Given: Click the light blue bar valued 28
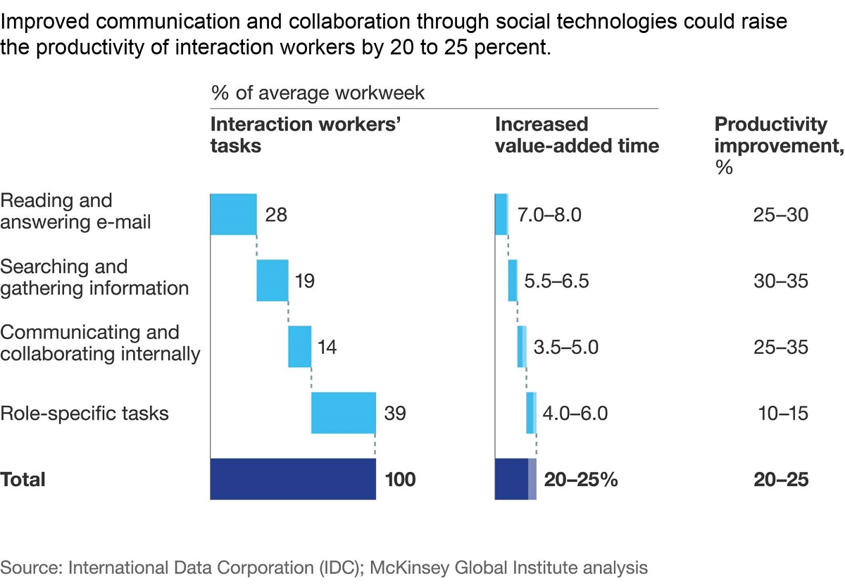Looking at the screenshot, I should click(233, 214).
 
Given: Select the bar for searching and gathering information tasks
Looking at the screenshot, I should click(272, 280).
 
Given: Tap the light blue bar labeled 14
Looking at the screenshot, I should click(299, 346).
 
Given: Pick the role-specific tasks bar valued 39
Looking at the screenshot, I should click(343, 412).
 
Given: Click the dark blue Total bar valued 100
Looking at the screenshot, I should click(292, 479).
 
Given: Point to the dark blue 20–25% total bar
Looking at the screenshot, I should click(513, 479).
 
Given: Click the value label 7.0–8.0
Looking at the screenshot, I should click(549, 215).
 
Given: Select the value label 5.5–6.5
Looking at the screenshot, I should click(556, 281).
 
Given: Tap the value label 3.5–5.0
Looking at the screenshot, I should click(565, 347).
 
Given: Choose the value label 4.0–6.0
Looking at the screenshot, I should click(575, 413).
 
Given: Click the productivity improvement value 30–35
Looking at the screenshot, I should click(780, 281).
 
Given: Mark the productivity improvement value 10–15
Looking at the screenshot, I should click(780, 413).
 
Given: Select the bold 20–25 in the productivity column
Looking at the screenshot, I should click(780, 480).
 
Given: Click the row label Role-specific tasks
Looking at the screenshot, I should click(84, 413).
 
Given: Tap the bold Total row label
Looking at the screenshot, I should click(23, 480).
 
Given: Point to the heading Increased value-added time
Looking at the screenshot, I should click(577, 135).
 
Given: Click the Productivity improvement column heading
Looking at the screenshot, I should click(771, 135).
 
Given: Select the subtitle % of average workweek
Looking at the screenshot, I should click(318, 93).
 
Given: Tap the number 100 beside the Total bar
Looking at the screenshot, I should click(400, 480).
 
